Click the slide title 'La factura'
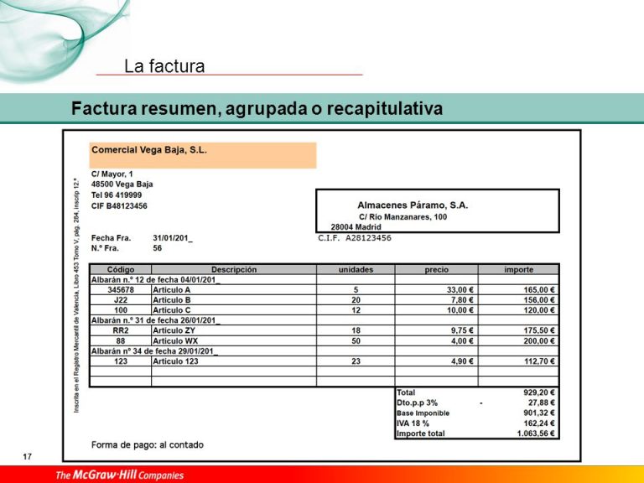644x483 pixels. tap(164, 66)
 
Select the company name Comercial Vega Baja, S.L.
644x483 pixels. tap(149, 151)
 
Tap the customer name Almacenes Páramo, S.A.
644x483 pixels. tap(413, 205)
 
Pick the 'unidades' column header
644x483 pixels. tap(356, 270)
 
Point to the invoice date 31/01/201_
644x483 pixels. tap(173, 238)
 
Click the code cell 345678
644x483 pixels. tap(121, 290)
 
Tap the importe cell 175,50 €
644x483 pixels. tap(540, 331)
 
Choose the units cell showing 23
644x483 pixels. tap(356, 361)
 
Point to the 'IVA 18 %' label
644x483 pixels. tap(413, 423)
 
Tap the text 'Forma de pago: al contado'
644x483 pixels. tap(147, 444)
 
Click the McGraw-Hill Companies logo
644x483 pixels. tap(119, 475)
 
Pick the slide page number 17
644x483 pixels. tap(28, 456)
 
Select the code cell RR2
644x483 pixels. tap(121, 331)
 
